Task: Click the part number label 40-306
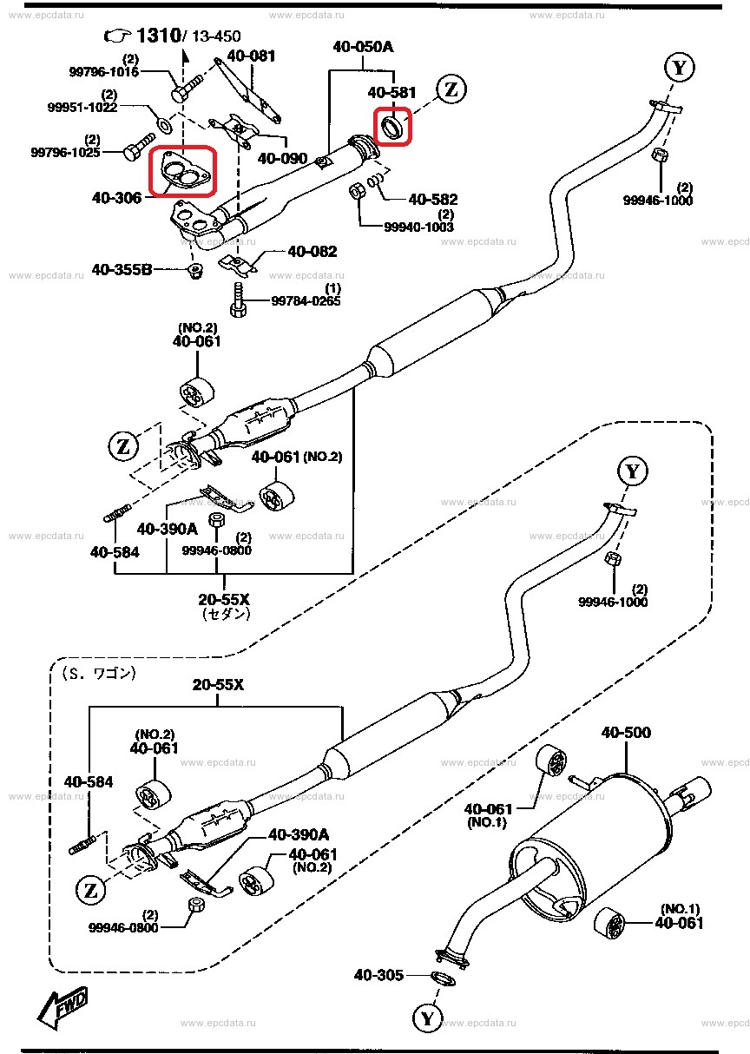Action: pos(116,199)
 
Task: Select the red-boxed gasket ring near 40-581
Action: pos(392,127)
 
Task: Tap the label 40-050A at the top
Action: pos(361,47)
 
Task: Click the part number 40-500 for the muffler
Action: pos(625,733)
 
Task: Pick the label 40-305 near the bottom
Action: pos(378,976)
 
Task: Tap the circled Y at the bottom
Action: pos(426,1017)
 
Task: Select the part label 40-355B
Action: pos(122,270)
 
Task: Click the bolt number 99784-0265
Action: pos(306,300)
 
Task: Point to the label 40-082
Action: pos(312,252)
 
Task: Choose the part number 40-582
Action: pos(432,200)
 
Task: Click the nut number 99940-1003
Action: pos(418,227)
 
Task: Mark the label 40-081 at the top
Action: pos(251,56)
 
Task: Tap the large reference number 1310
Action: pos(156,36)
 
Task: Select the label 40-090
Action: pos(283,159)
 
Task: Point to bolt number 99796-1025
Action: pos(66,152)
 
